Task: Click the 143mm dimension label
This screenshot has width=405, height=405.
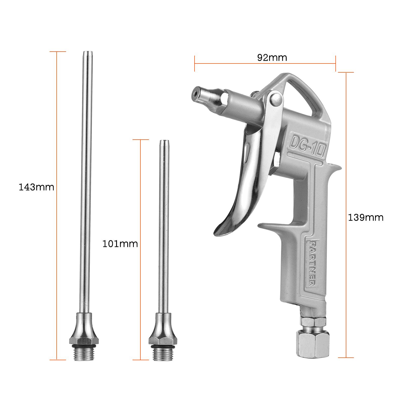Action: click(36, 187)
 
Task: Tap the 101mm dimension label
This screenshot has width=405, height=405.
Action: click(120, 244)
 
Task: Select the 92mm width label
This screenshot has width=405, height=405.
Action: click(272, 58)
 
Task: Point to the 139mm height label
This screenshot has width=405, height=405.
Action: click(366, 217)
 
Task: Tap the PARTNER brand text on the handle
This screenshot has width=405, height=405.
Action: click(312, 263)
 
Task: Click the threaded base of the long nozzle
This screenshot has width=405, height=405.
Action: click(83, 352)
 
